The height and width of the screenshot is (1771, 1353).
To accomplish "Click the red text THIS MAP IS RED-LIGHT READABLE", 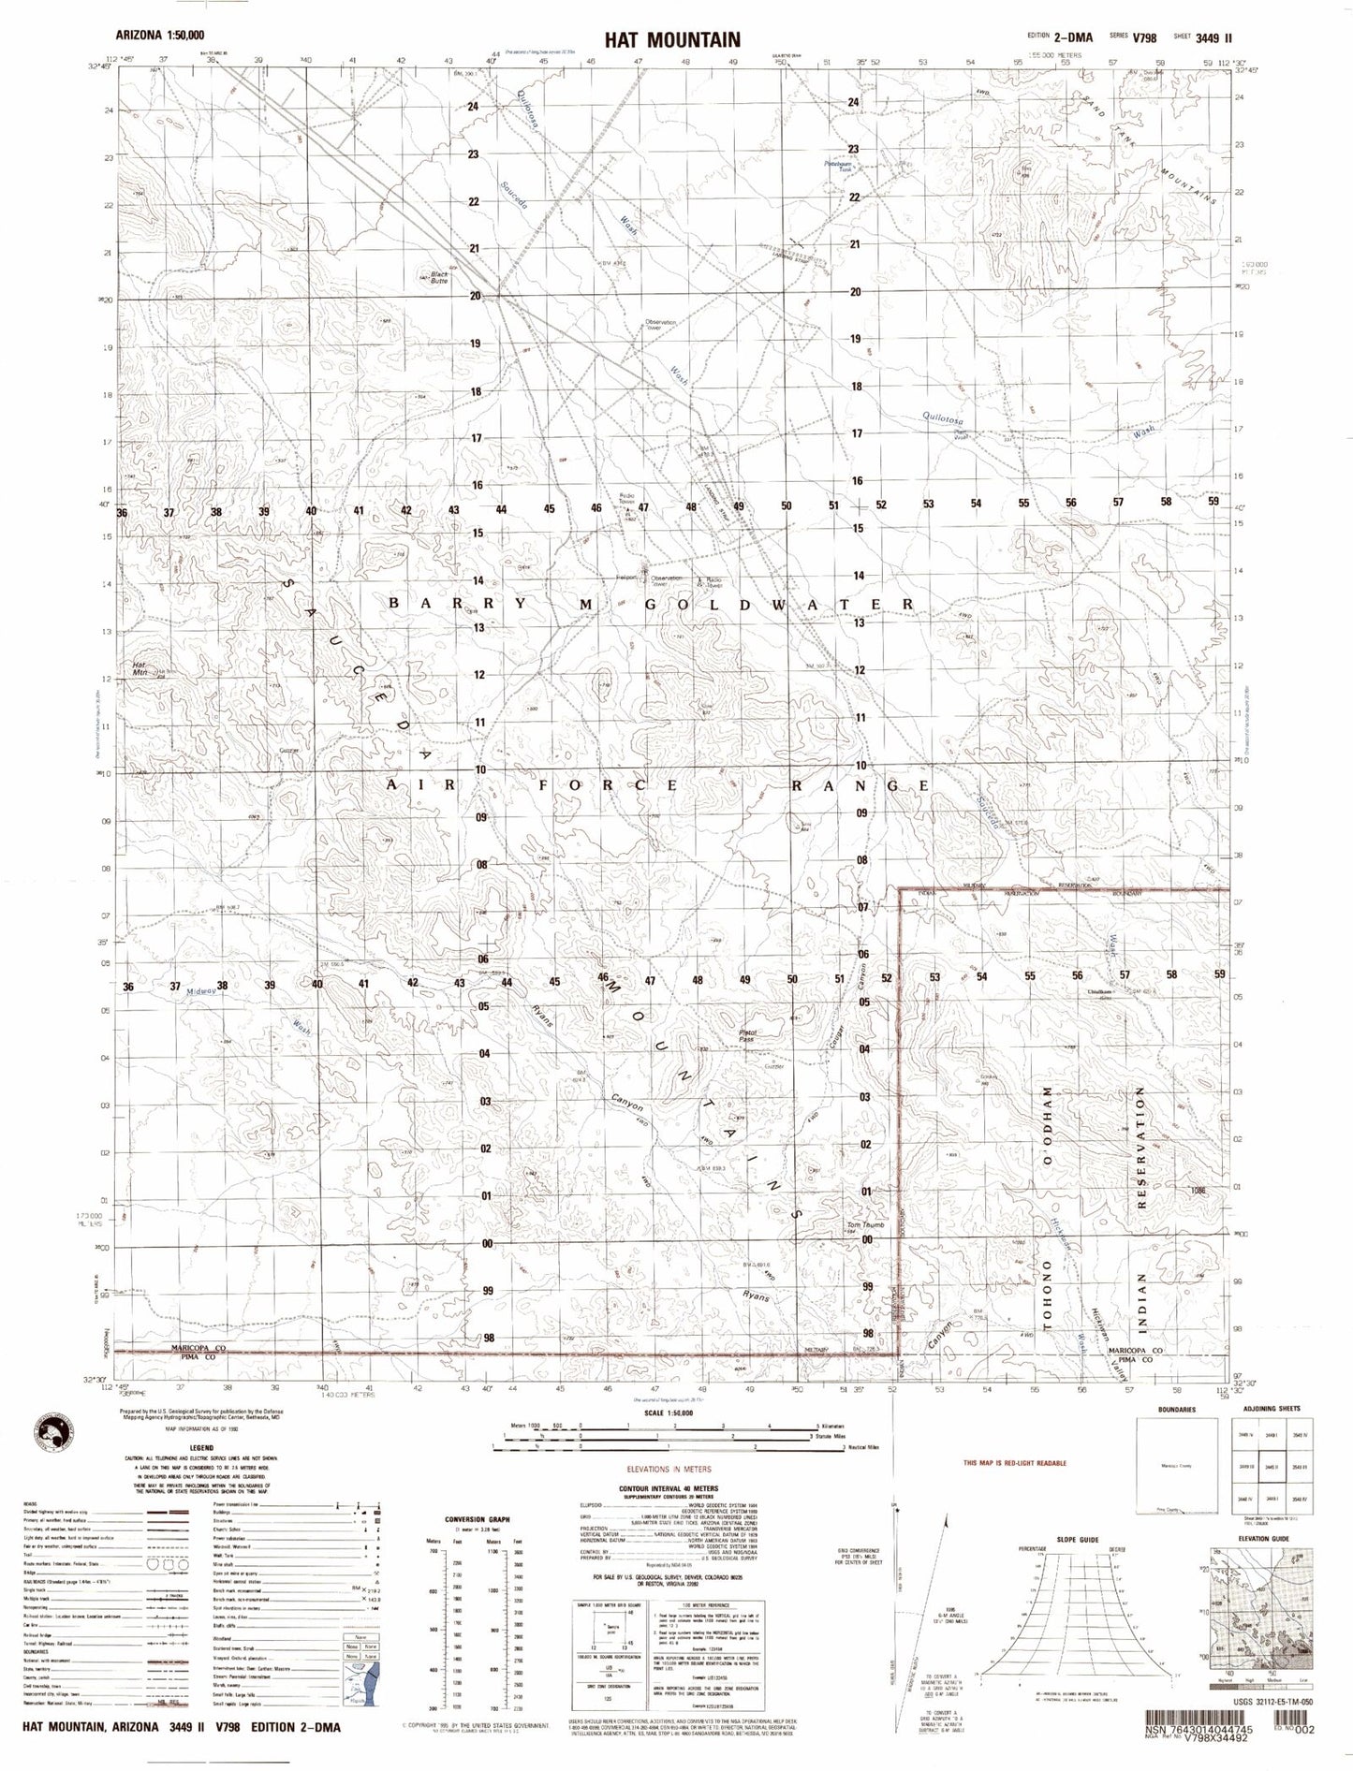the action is pyautogui.click(x=1014, y=1462).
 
